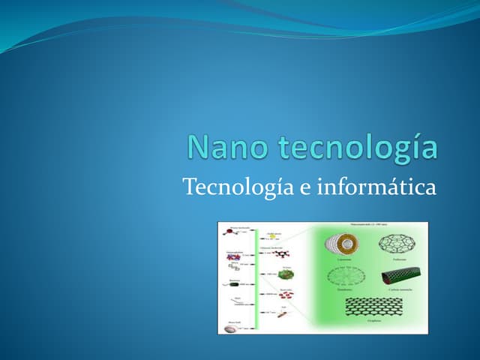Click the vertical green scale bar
click(256, 277)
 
